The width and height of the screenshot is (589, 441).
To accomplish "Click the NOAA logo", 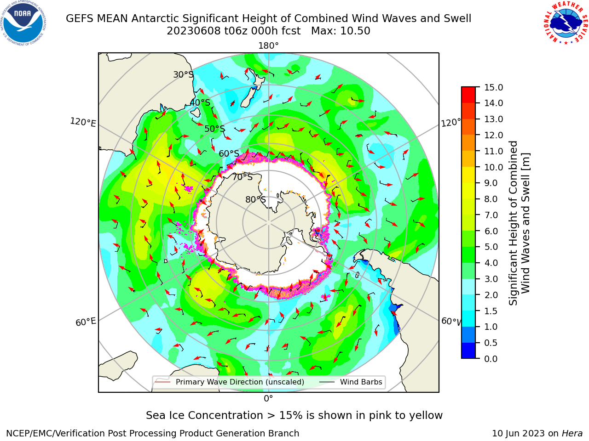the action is click(23, 23).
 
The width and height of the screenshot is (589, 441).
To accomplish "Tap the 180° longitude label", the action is click(268, 46).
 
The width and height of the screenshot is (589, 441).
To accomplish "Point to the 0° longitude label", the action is click(268, 399).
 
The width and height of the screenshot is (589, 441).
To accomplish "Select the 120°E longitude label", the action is click(83, 122).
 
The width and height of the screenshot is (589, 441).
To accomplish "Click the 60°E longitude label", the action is click(86, 322).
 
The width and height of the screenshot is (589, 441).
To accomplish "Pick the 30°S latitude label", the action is click(183, 74).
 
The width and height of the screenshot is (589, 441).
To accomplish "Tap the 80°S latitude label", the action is click(255, 199).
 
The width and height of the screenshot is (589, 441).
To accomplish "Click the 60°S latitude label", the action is click(229, 153).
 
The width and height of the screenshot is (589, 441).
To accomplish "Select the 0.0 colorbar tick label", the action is click(491, 359).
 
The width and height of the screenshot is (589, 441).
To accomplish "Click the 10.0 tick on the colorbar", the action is click(477, 167).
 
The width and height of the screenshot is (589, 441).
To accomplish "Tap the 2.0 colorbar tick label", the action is click(491, 295).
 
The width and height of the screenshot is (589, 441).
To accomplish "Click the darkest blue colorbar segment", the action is click(468, 351).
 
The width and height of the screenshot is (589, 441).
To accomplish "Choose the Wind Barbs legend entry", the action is click(351, 382).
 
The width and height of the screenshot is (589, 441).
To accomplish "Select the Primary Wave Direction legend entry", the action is click(230, 382).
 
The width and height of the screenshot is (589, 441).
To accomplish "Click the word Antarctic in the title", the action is click(155, 18).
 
